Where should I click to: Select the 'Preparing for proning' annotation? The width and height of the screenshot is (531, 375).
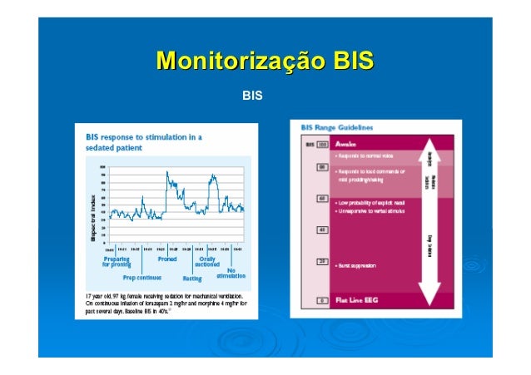pos(117,262)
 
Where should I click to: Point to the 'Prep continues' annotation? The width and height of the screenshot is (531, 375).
pos(142,278)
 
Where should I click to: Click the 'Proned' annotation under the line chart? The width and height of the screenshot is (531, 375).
pos(167,259)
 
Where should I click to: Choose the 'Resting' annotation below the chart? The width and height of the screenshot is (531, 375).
pos(192,278)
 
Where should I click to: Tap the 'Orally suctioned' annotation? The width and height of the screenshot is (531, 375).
pos(207,262)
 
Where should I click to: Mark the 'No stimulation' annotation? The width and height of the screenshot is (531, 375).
pos(231,272)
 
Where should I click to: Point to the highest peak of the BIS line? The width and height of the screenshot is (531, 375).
pos(168,173)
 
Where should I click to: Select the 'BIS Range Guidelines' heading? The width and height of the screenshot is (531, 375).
pos(337,127)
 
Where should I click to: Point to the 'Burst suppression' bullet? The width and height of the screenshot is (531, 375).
pos(357,265)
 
